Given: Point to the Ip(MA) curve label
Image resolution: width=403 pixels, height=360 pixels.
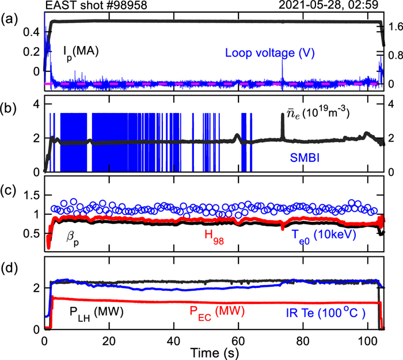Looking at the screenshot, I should pyautogui.click(x=81, y=51).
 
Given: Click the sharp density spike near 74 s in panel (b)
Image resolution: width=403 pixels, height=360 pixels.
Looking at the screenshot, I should pyautogui.click(x=282, y=118).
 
